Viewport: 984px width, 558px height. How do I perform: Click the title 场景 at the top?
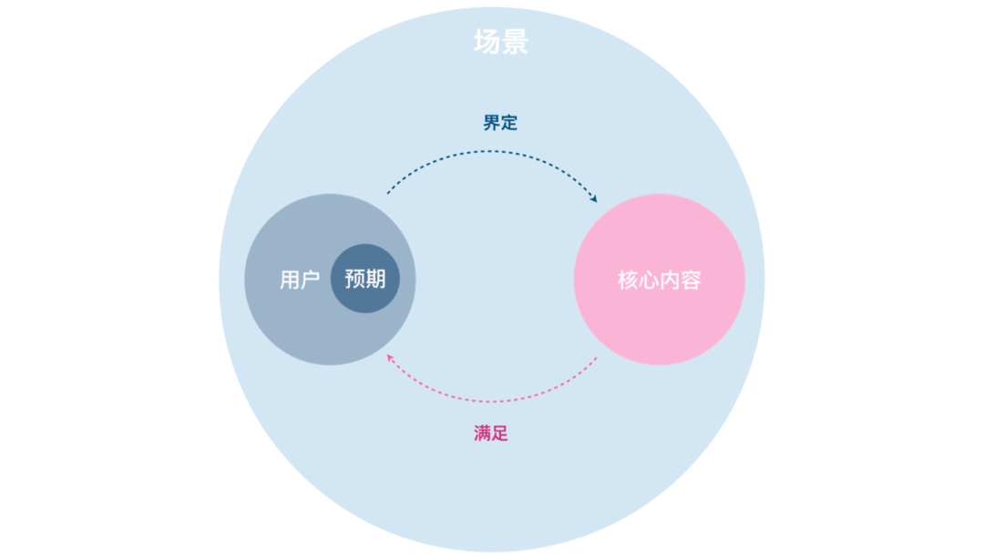(x=501, y=42)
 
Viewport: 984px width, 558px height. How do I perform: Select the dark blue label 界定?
(x=500, y=123)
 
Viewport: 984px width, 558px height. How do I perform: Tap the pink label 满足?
(x=491, y=433)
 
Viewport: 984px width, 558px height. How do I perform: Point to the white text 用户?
(x=300, y=279)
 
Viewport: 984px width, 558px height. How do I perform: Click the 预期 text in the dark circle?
(x=365, y=279)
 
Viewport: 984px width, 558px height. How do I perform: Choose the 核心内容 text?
(x=660, y=279)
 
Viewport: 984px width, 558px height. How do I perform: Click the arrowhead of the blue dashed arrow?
(x=594, y=198)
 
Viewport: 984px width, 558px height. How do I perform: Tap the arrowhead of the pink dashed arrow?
(x=390, y=357)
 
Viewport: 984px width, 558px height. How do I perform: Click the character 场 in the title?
(x=487, y=42)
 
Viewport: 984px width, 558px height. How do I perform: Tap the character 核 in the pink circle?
(x=629, y=279)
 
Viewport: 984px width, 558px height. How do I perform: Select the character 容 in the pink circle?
(x=691, y=279)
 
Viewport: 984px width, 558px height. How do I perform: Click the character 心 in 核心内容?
(x=650, y=279)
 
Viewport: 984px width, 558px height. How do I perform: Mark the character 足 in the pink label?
(x=500, y=433)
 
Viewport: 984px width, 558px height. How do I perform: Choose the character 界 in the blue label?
(x=491, y=123)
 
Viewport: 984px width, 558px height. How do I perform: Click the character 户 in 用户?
(x=310, y=279)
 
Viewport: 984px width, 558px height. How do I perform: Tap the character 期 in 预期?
(x=375, y=279)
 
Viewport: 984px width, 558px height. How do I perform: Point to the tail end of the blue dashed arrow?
(x=388, y=192)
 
